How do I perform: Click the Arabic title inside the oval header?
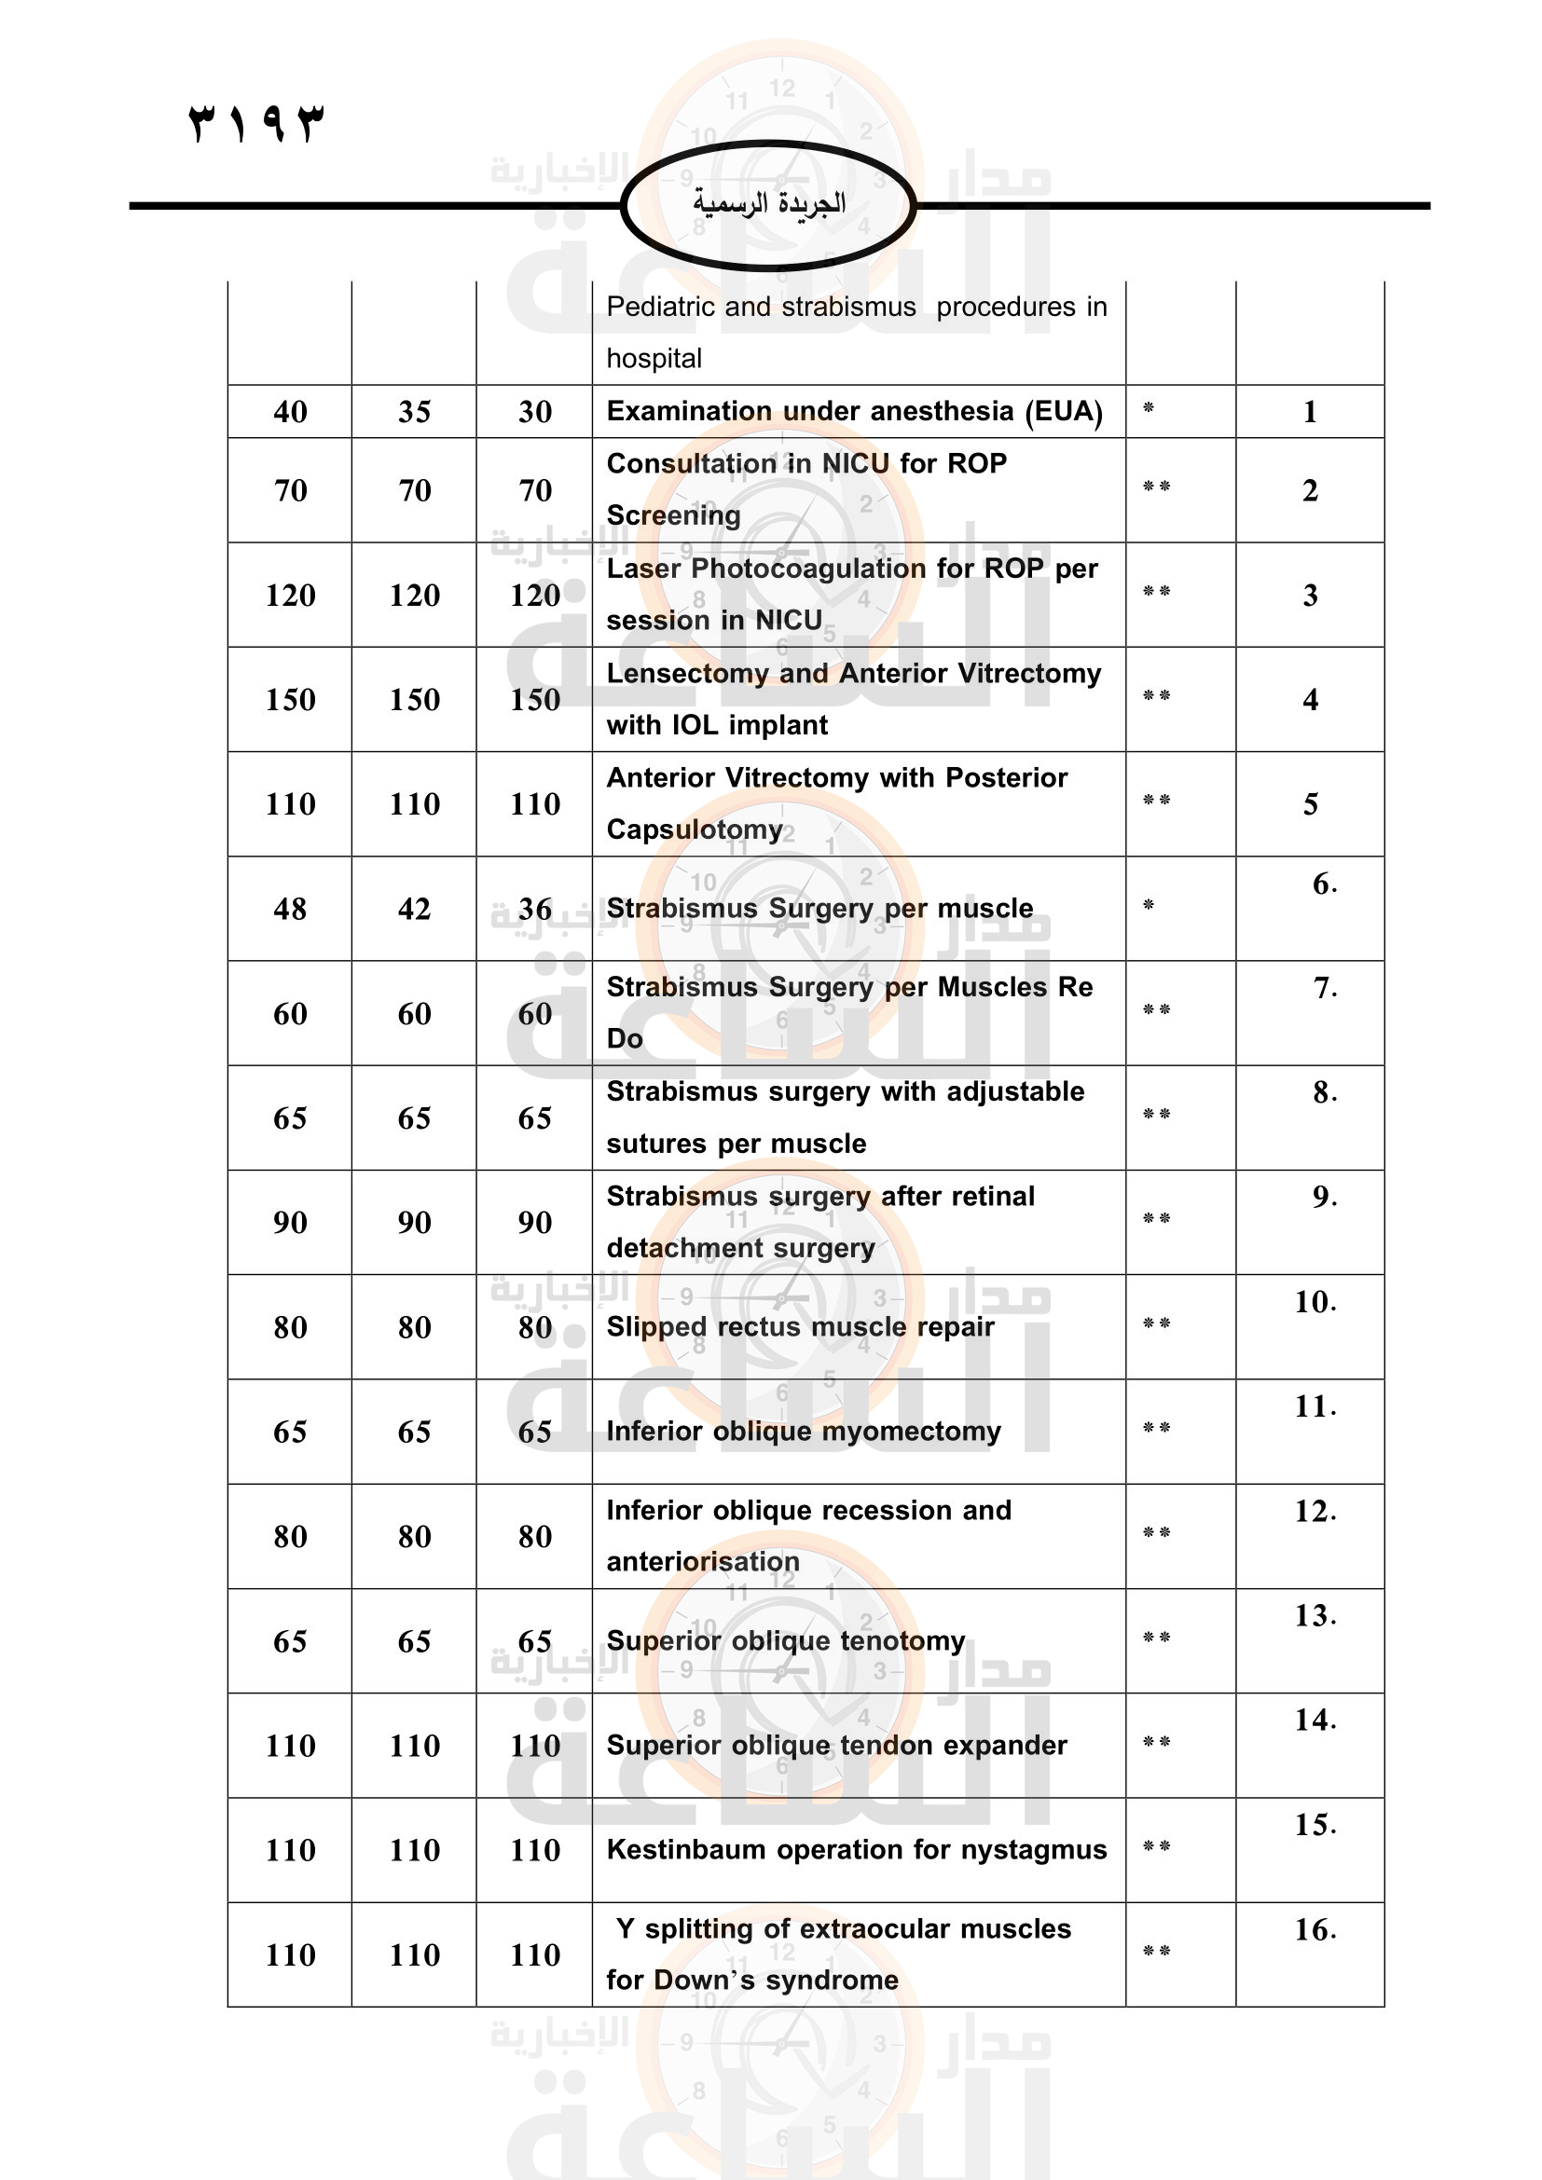pos(768,203)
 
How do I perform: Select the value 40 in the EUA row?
pos(290,412)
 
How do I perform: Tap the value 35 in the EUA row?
pos(414,412)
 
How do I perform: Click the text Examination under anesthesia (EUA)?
pos(854,411)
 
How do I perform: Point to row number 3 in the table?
pos(1309,596)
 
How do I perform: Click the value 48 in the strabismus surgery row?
pos(290,910)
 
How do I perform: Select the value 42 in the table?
pos(414,910)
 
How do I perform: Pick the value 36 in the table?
pos(534,910)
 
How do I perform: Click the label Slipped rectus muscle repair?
pos(800,1326)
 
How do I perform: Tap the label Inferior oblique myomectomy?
pos(804,1431)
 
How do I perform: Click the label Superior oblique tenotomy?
pos(785,1640)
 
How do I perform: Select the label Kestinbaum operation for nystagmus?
pos(857,1849)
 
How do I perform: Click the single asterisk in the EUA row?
pos(1148,408)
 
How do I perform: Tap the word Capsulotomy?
pos(695,829)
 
